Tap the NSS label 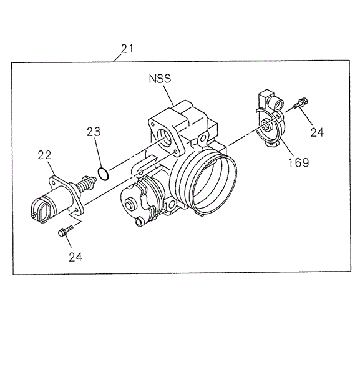159,79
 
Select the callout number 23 94,132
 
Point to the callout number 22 44,155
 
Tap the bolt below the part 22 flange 63,233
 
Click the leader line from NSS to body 168,95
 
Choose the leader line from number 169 285,146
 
